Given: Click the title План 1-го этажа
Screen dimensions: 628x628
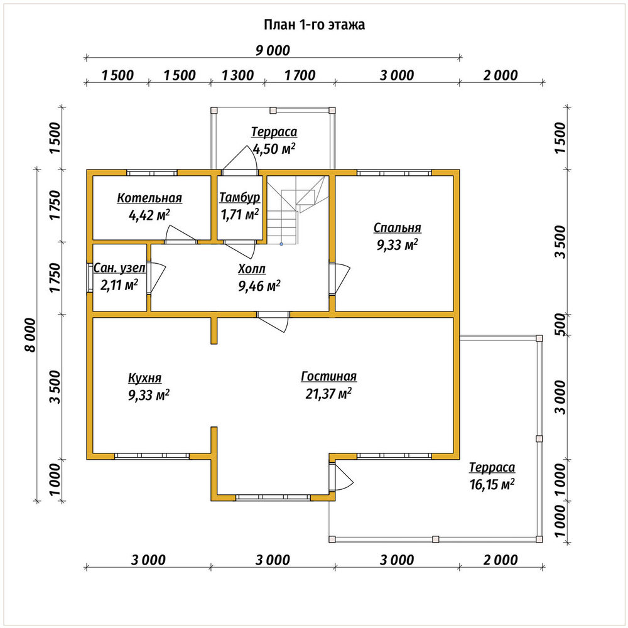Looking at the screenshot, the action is pos(314,25).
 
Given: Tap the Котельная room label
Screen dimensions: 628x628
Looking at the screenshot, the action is pos(149,198).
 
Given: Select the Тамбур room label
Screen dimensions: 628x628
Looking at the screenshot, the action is pos(239,197).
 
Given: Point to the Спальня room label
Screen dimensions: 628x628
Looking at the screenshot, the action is pos(398,227).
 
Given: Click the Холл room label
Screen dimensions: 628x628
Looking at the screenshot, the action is pos(252,269).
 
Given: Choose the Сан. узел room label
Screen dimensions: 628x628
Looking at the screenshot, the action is pos(119,268).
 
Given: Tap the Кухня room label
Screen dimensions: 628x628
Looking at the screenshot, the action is pos(144,377).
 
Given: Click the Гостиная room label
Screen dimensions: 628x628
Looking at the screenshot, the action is pos(328,376).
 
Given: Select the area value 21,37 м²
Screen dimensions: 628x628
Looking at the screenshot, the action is pos(328,393).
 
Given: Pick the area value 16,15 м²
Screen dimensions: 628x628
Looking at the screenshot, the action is pos(492,484).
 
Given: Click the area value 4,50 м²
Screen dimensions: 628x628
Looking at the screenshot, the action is pos(274,149).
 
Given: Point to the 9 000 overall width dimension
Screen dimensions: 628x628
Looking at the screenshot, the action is pos(273,50).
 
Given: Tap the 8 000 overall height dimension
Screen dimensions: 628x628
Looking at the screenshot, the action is pos(30,335).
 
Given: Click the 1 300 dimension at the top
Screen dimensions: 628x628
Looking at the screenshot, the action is pos(237,75).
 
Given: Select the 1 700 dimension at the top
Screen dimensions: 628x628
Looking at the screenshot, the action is pos(300,75).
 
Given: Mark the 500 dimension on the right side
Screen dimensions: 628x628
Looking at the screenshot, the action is pos(561,325).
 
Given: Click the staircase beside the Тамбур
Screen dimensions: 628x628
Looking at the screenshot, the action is pos(296,210).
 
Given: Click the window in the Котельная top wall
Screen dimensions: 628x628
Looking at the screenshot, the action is pos(152,173).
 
